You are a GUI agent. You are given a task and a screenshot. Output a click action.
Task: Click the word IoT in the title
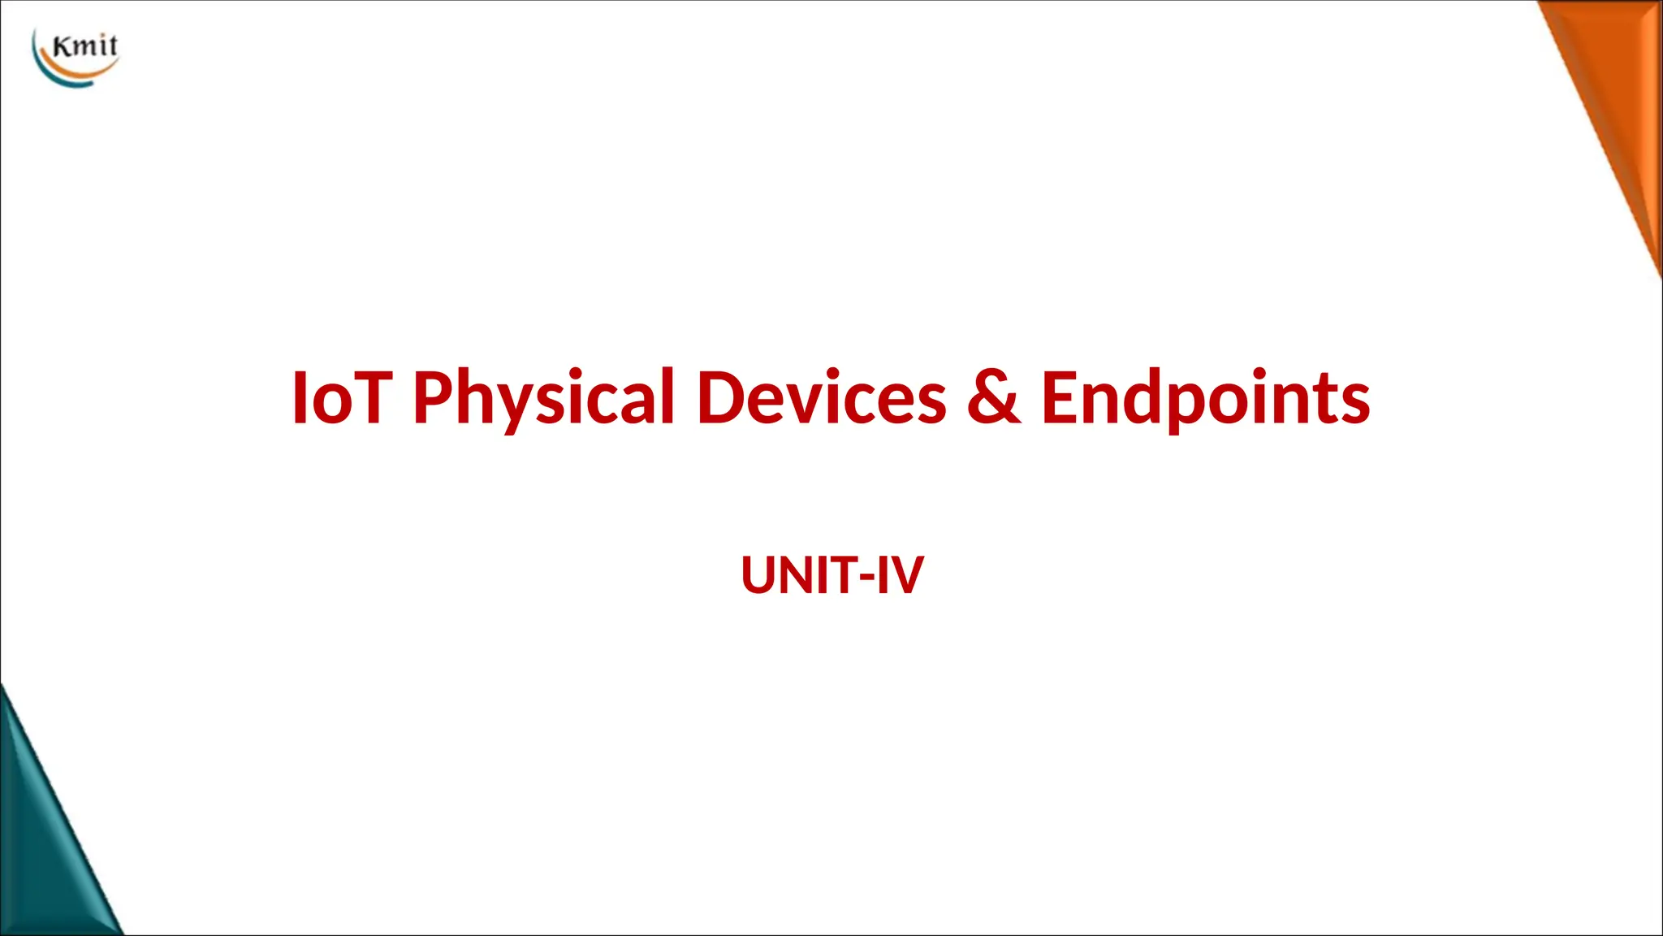[342, 397]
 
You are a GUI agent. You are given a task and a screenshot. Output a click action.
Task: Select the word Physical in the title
[543, 397]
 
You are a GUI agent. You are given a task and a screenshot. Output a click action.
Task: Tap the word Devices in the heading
[821, 397]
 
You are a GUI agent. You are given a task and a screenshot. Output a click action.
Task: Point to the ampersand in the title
[994, 397]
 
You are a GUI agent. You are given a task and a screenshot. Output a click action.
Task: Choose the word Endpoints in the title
[1205, 397]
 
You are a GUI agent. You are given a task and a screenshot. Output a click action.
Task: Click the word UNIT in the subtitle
[799, 575]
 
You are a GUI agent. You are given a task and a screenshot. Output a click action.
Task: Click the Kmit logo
[76, 57]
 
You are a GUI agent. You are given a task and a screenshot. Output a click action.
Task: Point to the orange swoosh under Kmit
[81, 75]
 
